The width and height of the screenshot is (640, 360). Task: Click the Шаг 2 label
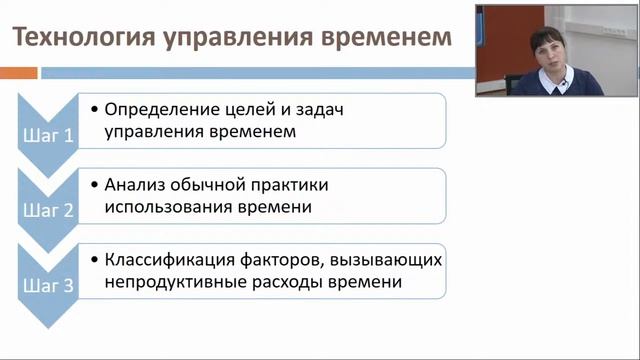pos(48,211)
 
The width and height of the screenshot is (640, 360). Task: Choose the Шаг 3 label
pos(48,286)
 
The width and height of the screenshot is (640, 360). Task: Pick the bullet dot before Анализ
pos(94,185)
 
